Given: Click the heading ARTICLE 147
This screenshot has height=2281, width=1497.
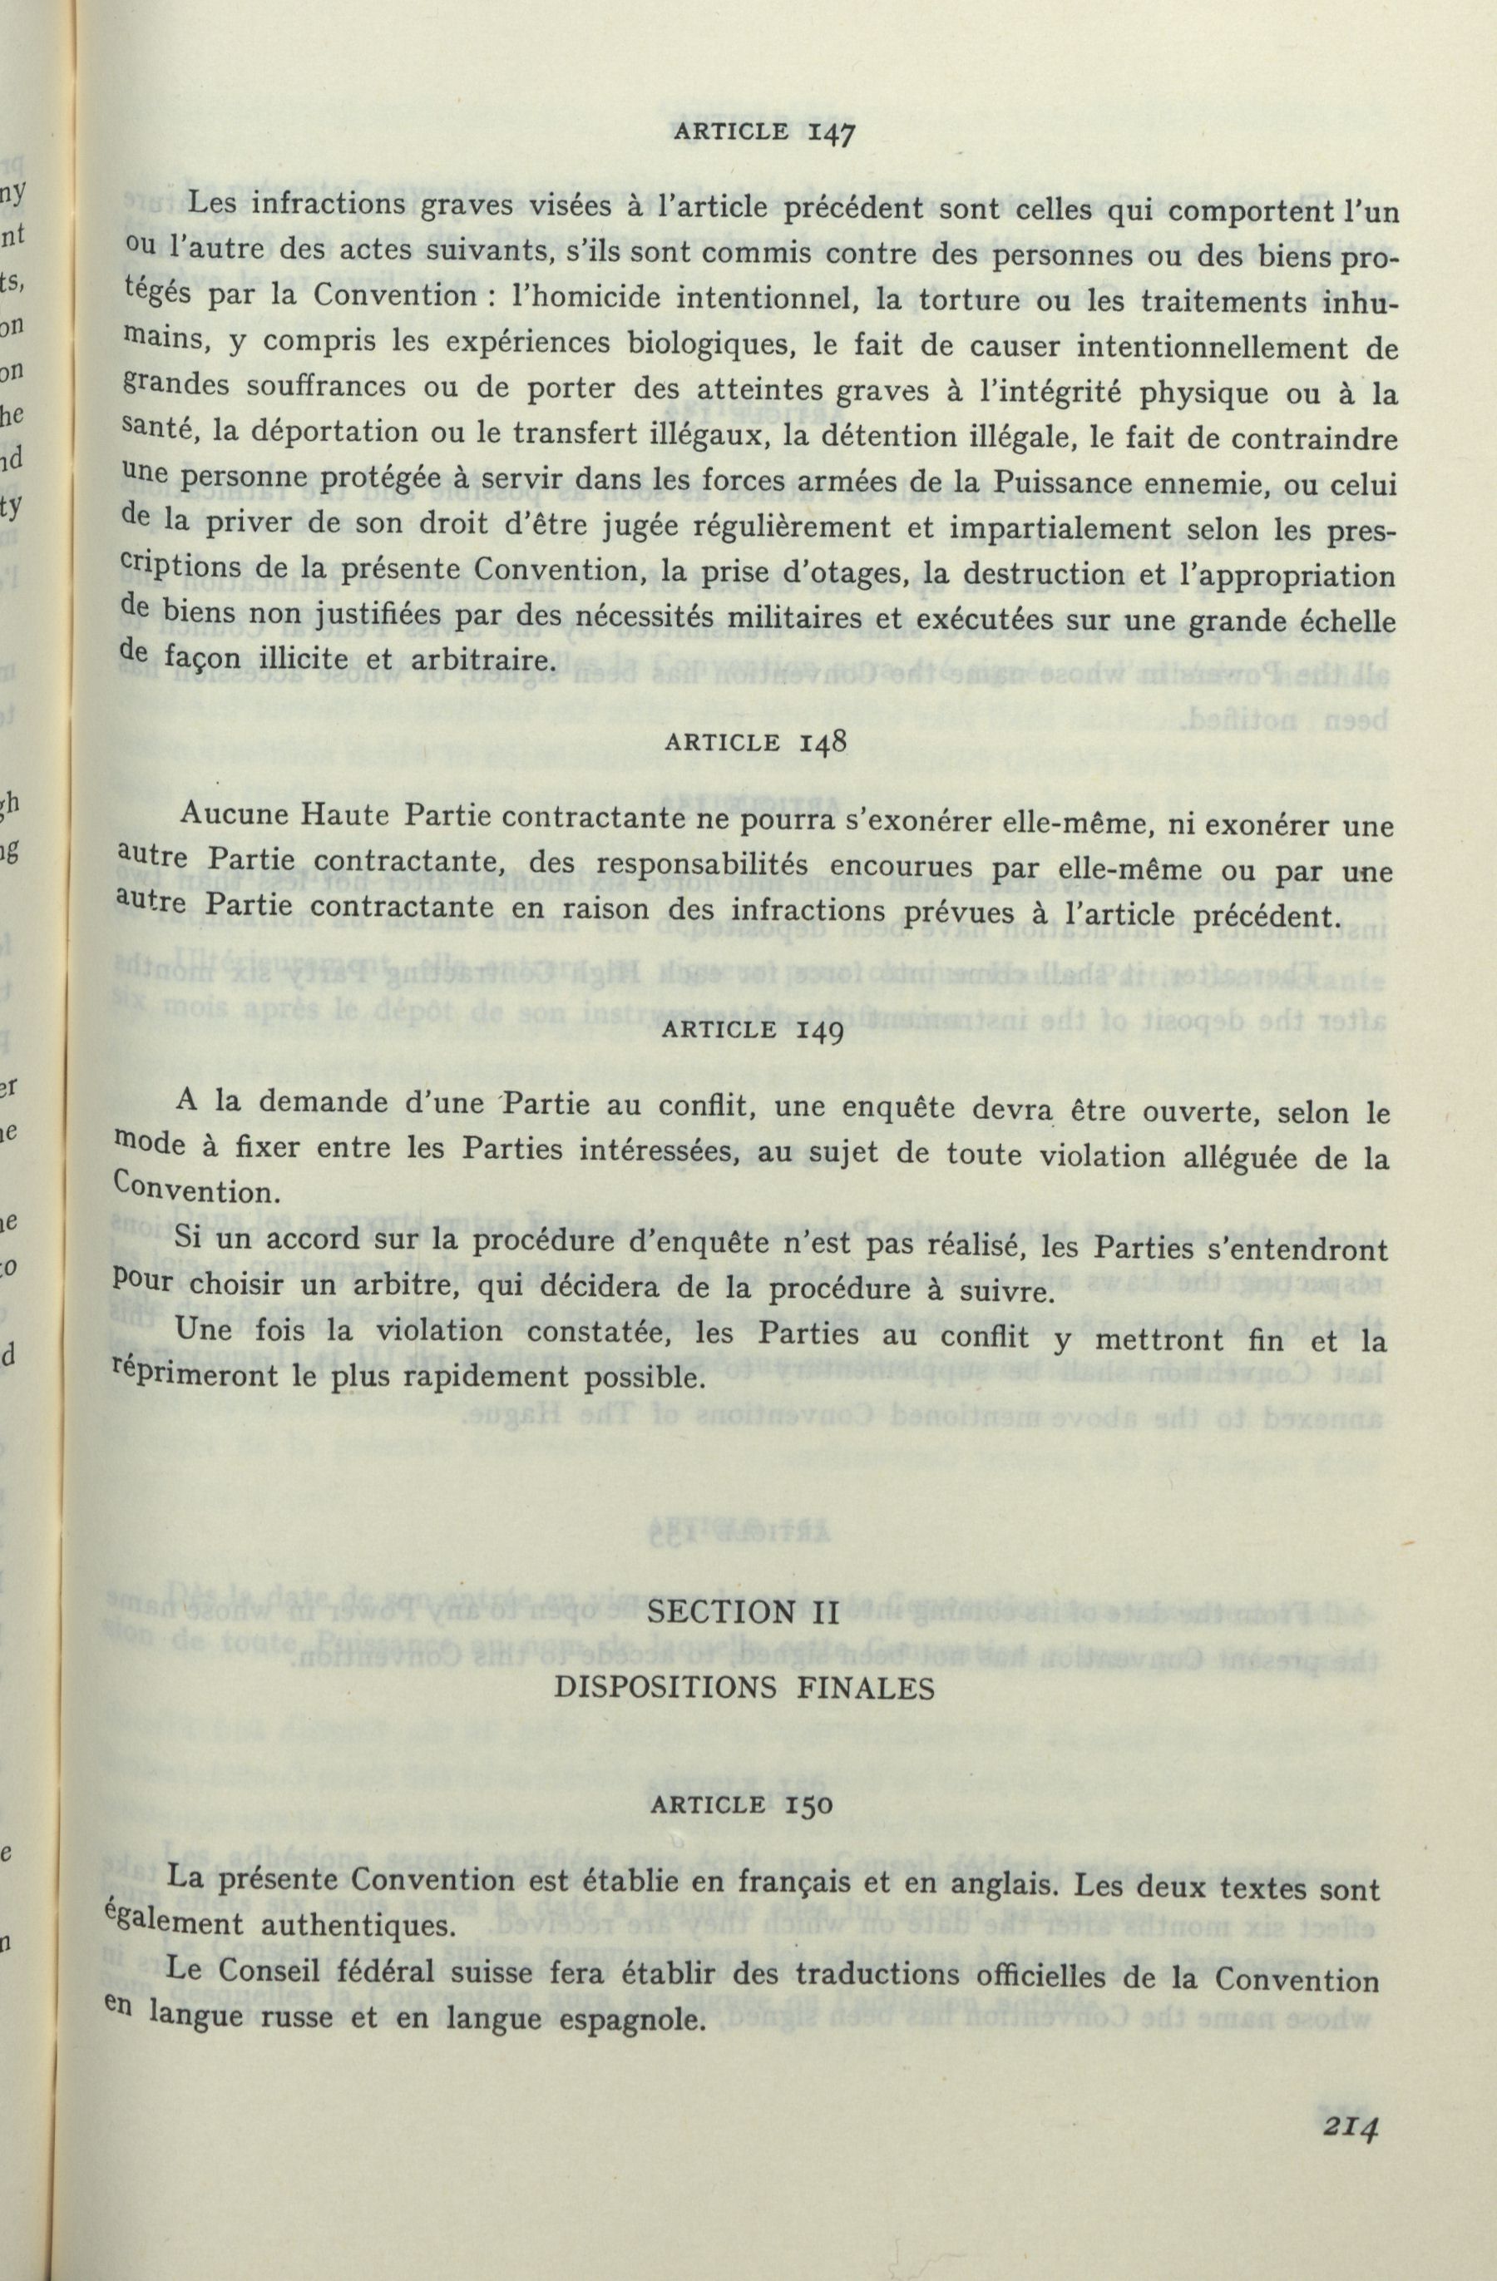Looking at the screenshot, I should tap(763, 132).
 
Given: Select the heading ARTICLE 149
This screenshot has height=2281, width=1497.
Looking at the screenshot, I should tap(753, 1031).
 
